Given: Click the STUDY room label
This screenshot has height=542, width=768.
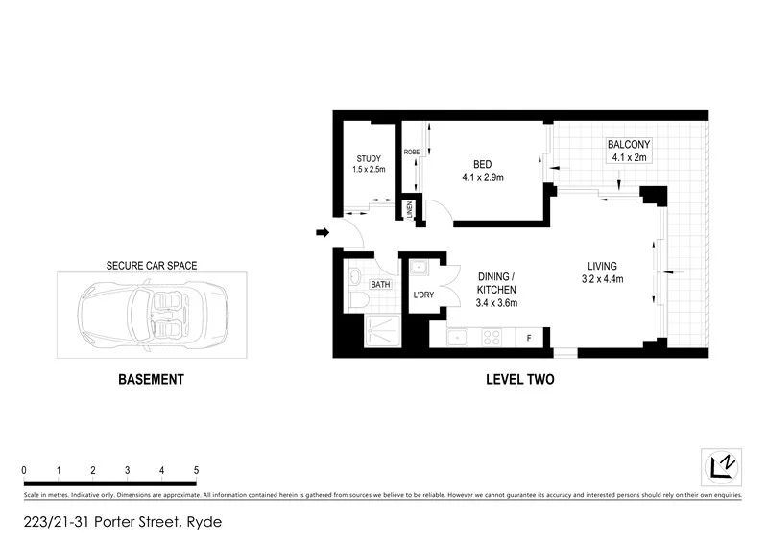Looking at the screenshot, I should tap(369, 158).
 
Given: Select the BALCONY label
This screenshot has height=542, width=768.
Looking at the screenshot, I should tap(629, 146).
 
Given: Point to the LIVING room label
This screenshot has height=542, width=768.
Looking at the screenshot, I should tap(603, 266).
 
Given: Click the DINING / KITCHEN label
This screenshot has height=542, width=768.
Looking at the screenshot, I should tap(496, 283).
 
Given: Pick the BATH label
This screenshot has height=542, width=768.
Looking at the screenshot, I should tap(380, 284).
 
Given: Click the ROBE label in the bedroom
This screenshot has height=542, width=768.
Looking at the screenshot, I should tap(411, 152).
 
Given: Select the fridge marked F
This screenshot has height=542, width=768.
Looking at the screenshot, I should tap(529, 338).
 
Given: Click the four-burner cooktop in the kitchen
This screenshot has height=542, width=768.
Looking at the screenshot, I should tap(492, 338).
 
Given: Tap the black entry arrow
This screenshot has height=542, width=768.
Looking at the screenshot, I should tap(323, 231).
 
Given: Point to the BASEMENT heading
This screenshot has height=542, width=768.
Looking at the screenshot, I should tap(150, 380).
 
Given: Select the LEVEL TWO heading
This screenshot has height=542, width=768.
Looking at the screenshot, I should tap(519, 380).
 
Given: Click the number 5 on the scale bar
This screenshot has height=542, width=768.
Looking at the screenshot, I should tap(196, 470).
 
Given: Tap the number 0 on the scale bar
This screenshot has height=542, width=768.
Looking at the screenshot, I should tap(24, 470).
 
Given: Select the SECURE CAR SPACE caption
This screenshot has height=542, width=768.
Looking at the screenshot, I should tap(151, 264).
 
